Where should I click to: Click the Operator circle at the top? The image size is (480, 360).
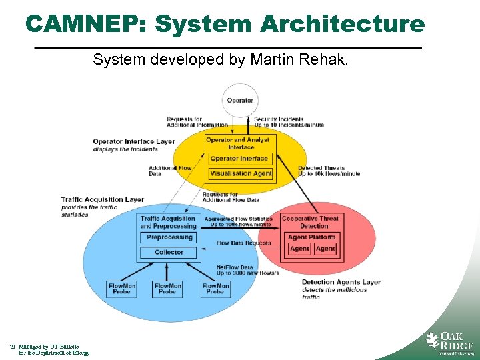[x=240, y=101]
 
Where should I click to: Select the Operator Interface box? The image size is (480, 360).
[x=239, y=159]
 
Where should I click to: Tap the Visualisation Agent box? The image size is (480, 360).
[x=241, y=173]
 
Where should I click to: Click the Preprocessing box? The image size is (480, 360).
[x=169, y=237]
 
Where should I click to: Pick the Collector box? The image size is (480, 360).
[x=169, y=252]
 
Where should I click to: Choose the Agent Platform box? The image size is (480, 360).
[x=311, y=237]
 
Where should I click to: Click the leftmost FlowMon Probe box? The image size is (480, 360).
[x=121, y=289]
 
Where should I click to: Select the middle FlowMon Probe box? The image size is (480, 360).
[x=167, y=289]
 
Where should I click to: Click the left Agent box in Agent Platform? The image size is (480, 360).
[x=299, y=249]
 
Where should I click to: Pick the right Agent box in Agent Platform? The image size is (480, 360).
[x=325, y=249]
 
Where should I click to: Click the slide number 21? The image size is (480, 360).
[x=13, y=347]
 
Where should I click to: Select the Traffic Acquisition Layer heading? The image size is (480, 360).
[x=102, y=199]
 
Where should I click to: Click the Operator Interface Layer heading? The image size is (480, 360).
[x=133, y=141]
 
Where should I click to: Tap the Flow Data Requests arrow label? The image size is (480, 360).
[x=244, y=243]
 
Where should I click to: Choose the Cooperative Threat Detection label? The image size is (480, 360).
[x=310, y=222]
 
